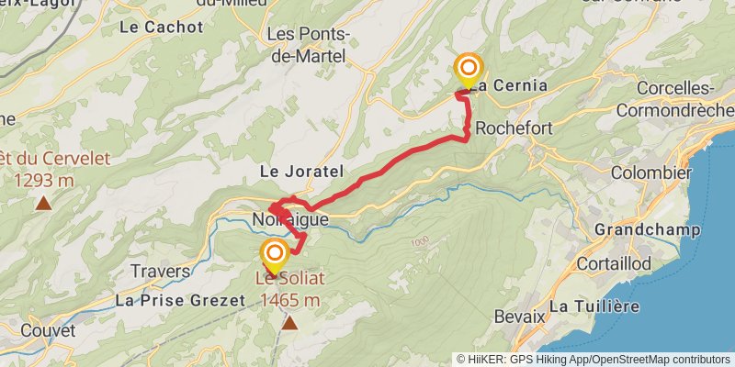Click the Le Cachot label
(x=161, y=28)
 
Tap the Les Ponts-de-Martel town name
(x=308, y=45)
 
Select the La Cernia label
(x=513, y=85)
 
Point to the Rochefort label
(x=514, y=128)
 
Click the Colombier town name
(x=650, y=172)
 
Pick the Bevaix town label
(x=520, y=316)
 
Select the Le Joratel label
(x=301, y=172)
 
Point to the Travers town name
(x=160, y=272)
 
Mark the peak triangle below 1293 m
(x=43, y=204)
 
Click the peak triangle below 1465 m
(x=290, y=323)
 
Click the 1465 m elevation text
(x=290, y=299)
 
